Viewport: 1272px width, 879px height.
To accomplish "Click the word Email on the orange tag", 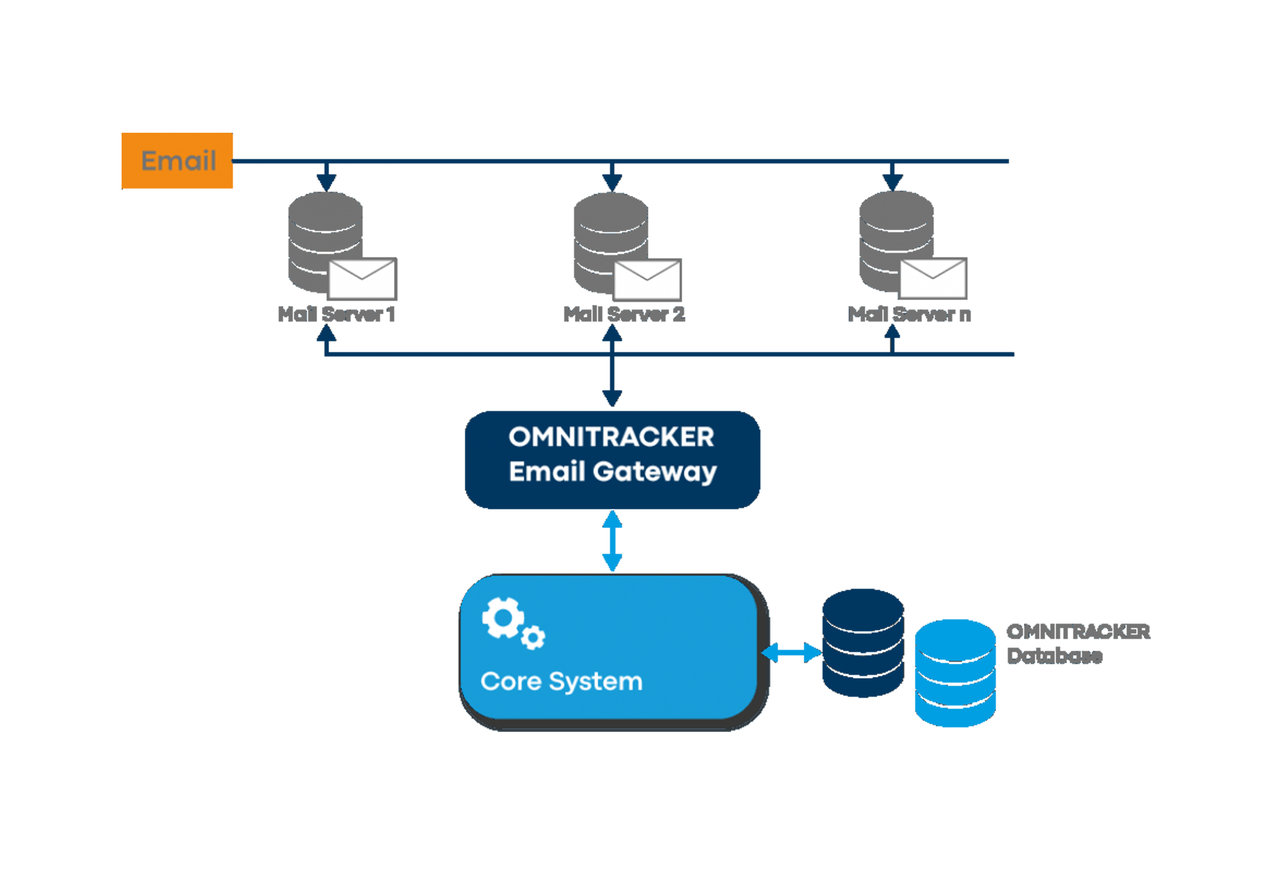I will click(178, 161).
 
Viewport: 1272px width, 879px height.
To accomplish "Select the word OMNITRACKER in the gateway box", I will click(611, 437).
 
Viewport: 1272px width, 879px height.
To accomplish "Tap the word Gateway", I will click(655, 472).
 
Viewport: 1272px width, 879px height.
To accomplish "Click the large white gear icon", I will click(503, 618).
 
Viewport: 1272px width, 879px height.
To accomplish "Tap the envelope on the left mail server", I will click(361, 279).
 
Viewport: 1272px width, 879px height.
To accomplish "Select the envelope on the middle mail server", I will click(647, 279).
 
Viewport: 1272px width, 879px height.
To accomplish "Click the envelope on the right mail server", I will click(932, 278).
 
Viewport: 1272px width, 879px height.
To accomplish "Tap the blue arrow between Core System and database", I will click(790, 653).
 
